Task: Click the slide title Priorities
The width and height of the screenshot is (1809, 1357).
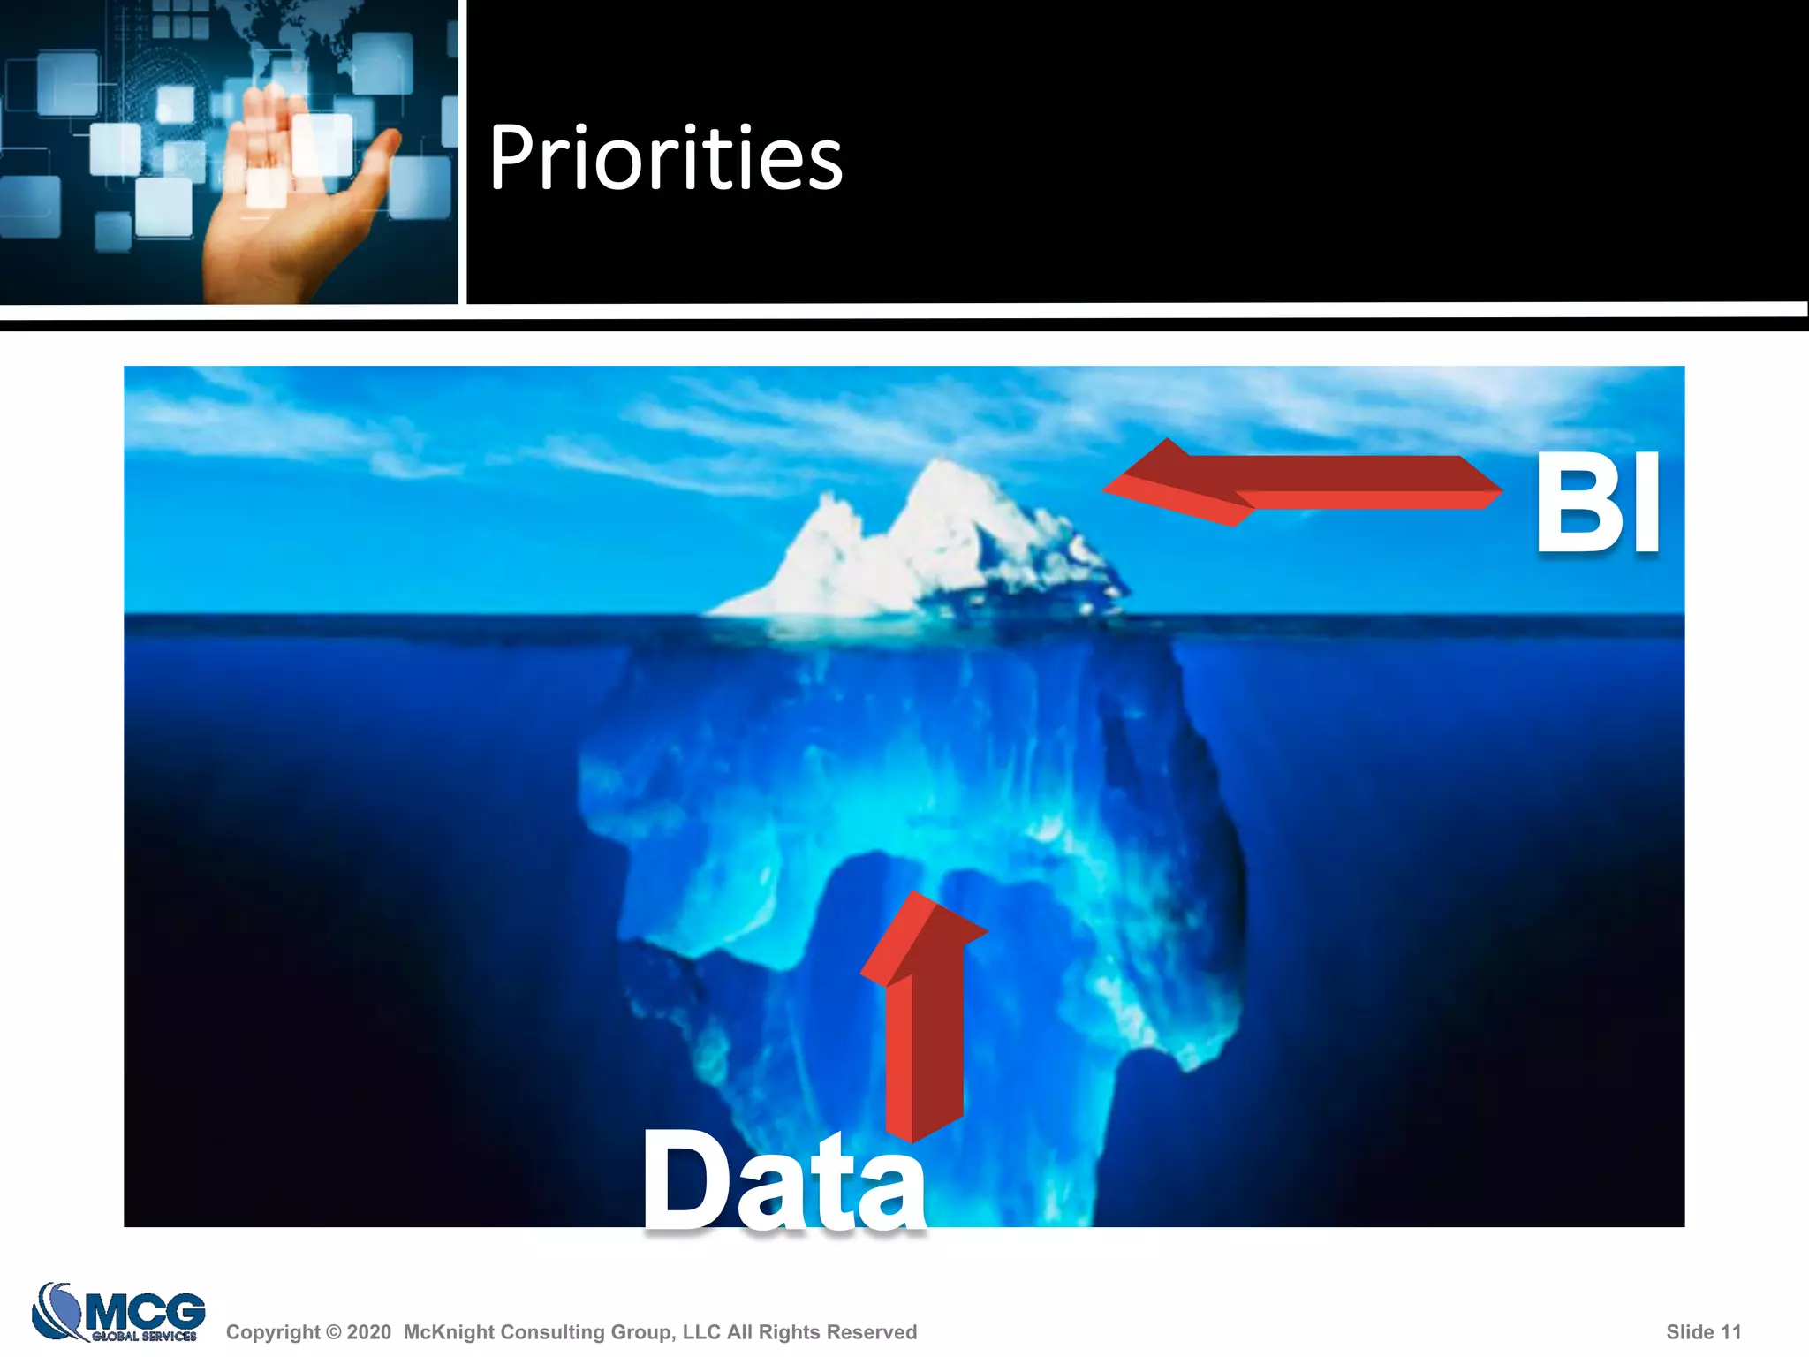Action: pos(665,158)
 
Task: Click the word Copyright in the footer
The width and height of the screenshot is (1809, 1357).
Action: pos(273,1332)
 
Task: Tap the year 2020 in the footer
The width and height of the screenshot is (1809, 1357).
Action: pos(369,1332)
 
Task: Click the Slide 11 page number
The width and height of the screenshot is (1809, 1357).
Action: pos(1703,1332)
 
